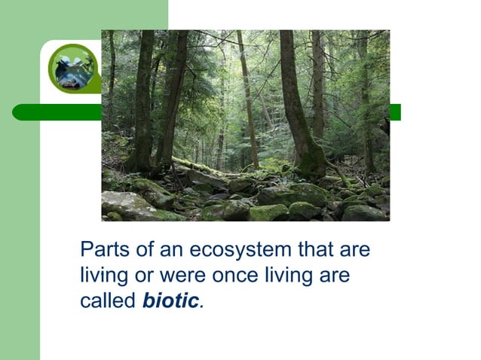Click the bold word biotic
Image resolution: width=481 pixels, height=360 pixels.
point(171,301)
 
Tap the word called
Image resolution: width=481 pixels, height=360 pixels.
point(109,301)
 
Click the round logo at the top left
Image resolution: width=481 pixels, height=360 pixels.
point(74,68)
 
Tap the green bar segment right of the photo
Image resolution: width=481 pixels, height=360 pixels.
point(395,112)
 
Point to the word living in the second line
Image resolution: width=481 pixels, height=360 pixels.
point(105,275)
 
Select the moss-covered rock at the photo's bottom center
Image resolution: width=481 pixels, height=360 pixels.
point(268,212)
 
